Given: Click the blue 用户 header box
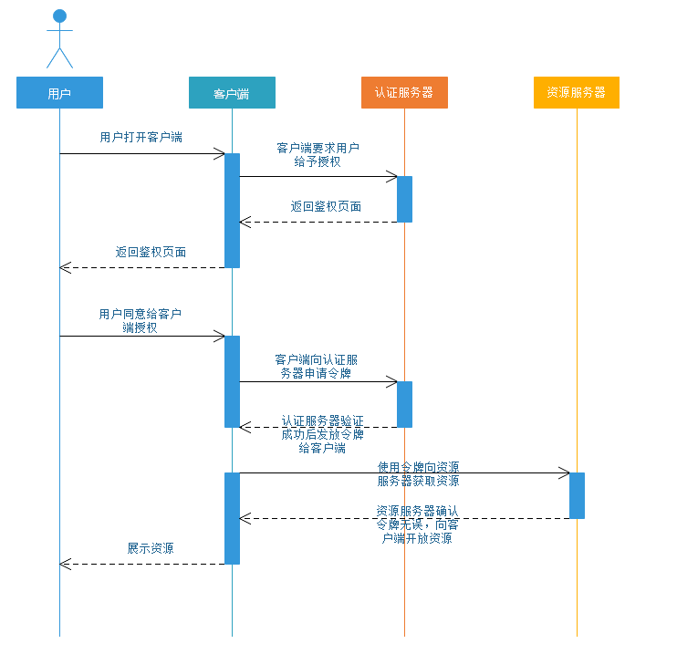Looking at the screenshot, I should point(59,93).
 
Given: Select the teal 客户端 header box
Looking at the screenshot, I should point(232,93).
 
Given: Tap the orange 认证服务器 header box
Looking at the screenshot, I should point(404,93).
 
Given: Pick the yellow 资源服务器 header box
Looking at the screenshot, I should point(577,93).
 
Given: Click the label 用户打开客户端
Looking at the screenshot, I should point(141,138).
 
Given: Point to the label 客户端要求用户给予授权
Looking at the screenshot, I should point(318,155).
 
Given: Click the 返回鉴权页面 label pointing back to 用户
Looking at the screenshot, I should point(151,252).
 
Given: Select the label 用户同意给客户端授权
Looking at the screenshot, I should point(140,320).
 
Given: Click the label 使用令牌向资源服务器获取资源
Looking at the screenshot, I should point(418,473).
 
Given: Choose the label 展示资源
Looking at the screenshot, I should point(151,549).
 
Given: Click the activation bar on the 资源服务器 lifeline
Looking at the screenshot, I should point(577,495).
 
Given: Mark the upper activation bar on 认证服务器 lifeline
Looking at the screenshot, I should point(404,199).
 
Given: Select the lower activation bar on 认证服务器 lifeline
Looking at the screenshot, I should point(404,404).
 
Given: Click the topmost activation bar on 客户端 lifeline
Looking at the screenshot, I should point(232,210).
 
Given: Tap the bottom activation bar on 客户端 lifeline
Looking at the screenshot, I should point(232,518).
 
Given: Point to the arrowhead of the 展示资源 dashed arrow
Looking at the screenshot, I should point(64,564).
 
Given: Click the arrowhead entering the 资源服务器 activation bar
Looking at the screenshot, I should point(565,472).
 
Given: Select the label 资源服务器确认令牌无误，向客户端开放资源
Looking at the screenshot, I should point(418,524).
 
